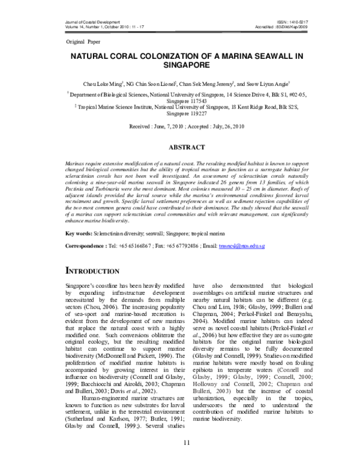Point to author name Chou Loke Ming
[104, 85]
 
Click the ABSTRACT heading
[180, 147]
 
